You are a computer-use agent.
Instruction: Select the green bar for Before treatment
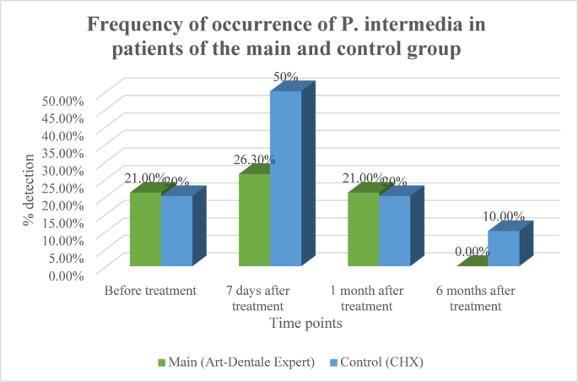[x=144, y=231]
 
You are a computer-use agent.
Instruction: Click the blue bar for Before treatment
[x=176, y=232]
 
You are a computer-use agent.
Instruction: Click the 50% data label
[x=285, y=77]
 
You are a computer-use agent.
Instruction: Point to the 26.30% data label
[x=253, y=160]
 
